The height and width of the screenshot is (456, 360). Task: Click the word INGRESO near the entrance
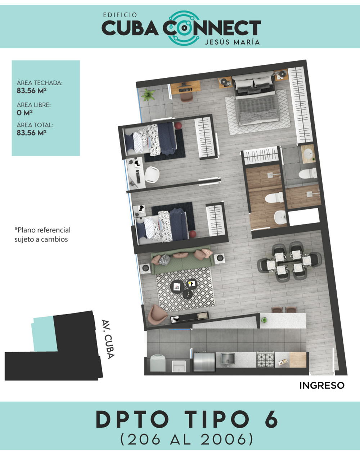coord(322,385)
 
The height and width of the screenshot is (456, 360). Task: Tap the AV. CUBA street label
coord(108,339)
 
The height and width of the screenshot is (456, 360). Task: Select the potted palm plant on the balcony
coord(148,95)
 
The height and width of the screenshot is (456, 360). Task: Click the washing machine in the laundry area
coord(158,363)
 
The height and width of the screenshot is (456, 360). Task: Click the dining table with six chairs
coord(289,262)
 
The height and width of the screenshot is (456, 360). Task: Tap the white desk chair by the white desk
coord(152,175)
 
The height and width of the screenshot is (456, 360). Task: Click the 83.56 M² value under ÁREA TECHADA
coord(32,91)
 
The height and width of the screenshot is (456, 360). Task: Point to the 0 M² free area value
coord(24,113)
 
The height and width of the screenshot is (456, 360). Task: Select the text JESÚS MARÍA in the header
coord(232,42)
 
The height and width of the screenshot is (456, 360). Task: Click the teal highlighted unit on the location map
coord(44,334)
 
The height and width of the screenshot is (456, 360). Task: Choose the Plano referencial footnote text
coord(42,235)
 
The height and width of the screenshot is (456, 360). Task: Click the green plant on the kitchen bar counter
coord(264,320)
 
